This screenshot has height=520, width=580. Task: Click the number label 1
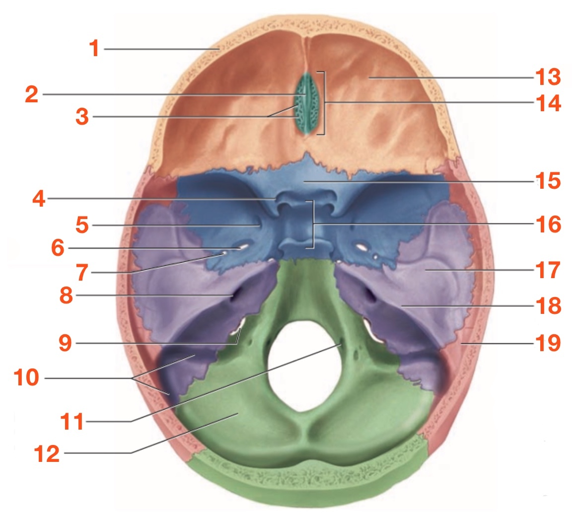pyautogui.click(x=94, y=49)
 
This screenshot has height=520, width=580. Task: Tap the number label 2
pyautogui.click(x=31, y=94)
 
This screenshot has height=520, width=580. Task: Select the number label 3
pyautogui.click(x=82, y=117)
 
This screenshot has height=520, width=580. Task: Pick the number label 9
pyautogui.click(x=65, y=343)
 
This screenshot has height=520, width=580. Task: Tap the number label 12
pyautogui.click(x=47, y=453)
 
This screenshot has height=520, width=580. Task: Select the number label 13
pyautogui.click(x=547, y=77)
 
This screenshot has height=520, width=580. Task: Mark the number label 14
pyautogui.click(x=548, y=103)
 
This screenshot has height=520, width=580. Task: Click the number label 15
pyautogui.click(x=548, y=181)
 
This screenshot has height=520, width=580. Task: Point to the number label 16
pyautogui.click(x=548, y=224)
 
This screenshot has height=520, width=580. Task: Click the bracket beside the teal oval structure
pyautogui.click(x=324, y=103)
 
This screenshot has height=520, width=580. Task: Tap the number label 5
pyautogui.click(x=82, y=225)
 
